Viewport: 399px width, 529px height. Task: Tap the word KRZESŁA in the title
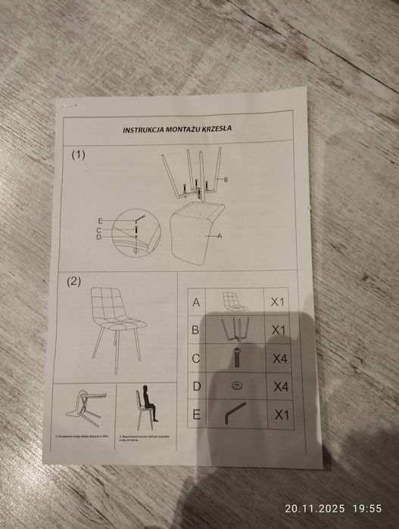pos(215,128)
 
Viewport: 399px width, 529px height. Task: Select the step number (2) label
pos(73,282)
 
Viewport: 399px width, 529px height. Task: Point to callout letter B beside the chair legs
pos(226,178)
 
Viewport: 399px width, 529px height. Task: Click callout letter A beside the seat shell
pos(220,237)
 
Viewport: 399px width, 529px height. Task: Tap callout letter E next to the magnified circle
pos(99,220)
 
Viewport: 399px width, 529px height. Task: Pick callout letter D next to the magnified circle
pos(98,237)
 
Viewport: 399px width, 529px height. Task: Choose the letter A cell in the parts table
pos(197,302)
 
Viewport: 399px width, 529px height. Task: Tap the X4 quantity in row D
pos(281,387)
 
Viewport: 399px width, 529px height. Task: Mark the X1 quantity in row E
pos(281,414)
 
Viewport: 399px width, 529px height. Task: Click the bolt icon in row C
pos(237,357)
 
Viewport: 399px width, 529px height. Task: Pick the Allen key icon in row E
pos(235,413)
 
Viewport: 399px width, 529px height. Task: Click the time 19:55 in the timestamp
pos(365,509)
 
